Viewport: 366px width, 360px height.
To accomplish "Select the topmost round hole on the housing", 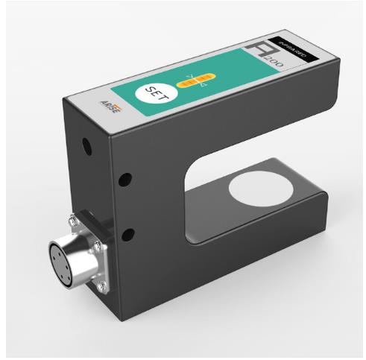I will [88, 147].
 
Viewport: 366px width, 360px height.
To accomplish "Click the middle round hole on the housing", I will [125, 180].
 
